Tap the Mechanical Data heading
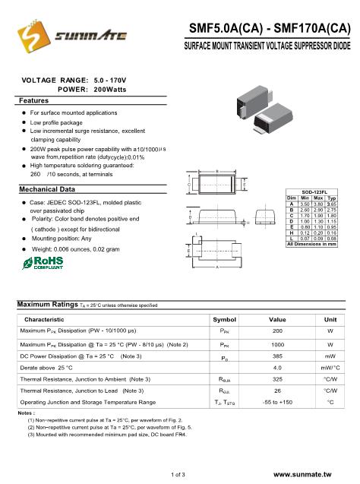(x=46, y=188)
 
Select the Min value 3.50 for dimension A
(x=304, y=203)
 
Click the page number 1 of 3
(x=179, y=473)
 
